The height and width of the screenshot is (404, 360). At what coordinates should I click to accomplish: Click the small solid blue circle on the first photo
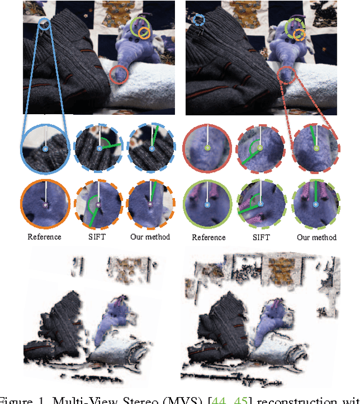[44, 23]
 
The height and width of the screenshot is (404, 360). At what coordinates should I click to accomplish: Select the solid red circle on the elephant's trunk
[118, 74]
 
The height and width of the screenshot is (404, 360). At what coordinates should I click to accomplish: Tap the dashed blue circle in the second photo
[199, 20]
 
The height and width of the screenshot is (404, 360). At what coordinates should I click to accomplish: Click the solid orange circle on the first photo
[145, 33]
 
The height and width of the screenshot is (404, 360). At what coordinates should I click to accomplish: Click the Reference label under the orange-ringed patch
[45, 237]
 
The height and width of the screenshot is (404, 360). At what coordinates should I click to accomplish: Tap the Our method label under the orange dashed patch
[151, 237]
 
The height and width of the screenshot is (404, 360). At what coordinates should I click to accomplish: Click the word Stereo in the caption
[101, 400]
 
